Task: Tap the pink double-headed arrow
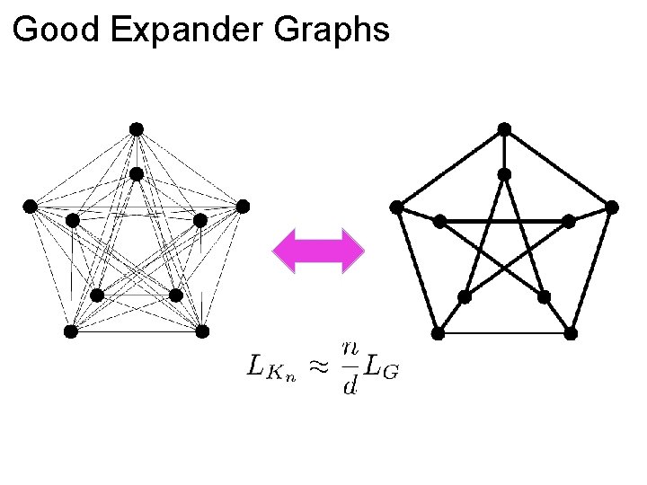pyautogui.click(x=319, y=250)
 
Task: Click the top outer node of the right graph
pyautogui.click(x=505, y=129)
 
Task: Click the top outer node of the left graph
pyautogui.click(x=137, y=129)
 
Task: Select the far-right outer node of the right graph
pyautogui.click(x=612, y=207)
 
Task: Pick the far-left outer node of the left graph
pyautogui.click(x=30, y=207)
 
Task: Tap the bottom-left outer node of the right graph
pyautogui.click(x=438, y=333)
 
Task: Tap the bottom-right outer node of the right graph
pyautogui.click(x=571, y=333)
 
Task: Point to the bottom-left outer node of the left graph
pyautogui.click(x=71, y=331)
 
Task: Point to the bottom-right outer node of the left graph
pyautogui.click(x=202, y=331)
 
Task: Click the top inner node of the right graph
pyautogui.click(x=505, y=173)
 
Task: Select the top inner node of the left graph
pyautogui.click(x=137, y=173)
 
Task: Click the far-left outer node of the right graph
pyautogui.click(x=397, y=207)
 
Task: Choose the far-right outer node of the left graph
pyautogui.click(x=243, y=207)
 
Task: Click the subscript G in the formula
pyautogui.click(x=389, y=372)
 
